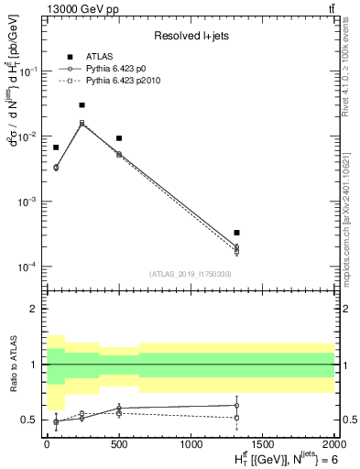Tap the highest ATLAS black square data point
point(82,105)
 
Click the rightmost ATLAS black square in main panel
point(236,233)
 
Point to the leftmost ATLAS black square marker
point(56,147)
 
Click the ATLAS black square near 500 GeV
point(119,138)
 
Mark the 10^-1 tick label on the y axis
point(30,71)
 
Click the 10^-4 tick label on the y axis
point(30,267)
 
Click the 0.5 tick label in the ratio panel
point(31,420)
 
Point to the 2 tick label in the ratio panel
point(35,309)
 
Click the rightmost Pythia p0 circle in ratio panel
point(236,405)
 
